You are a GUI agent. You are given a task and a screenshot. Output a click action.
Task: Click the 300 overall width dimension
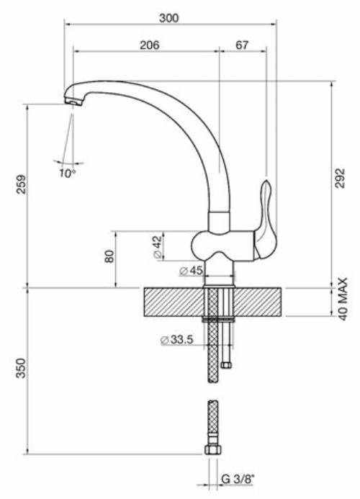tap(169, 18)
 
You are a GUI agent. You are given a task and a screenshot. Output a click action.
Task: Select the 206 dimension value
tap(150, 45)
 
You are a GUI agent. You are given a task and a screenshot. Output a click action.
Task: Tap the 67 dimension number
tap(242, 45)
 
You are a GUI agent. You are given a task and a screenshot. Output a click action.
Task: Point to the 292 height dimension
tap(341, 179)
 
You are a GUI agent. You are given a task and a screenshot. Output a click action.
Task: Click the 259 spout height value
tap(22, 184)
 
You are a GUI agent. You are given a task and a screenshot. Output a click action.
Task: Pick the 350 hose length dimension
tap(21, 368)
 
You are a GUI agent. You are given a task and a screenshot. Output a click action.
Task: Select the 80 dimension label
tap(109, 256)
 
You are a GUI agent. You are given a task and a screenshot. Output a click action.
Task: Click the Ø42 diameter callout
tap(158, 247)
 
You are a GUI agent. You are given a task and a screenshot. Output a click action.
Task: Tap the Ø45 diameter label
tap(191, 271)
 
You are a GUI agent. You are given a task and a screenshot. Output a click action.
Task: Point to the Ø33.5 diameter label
tap(177, 340)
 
